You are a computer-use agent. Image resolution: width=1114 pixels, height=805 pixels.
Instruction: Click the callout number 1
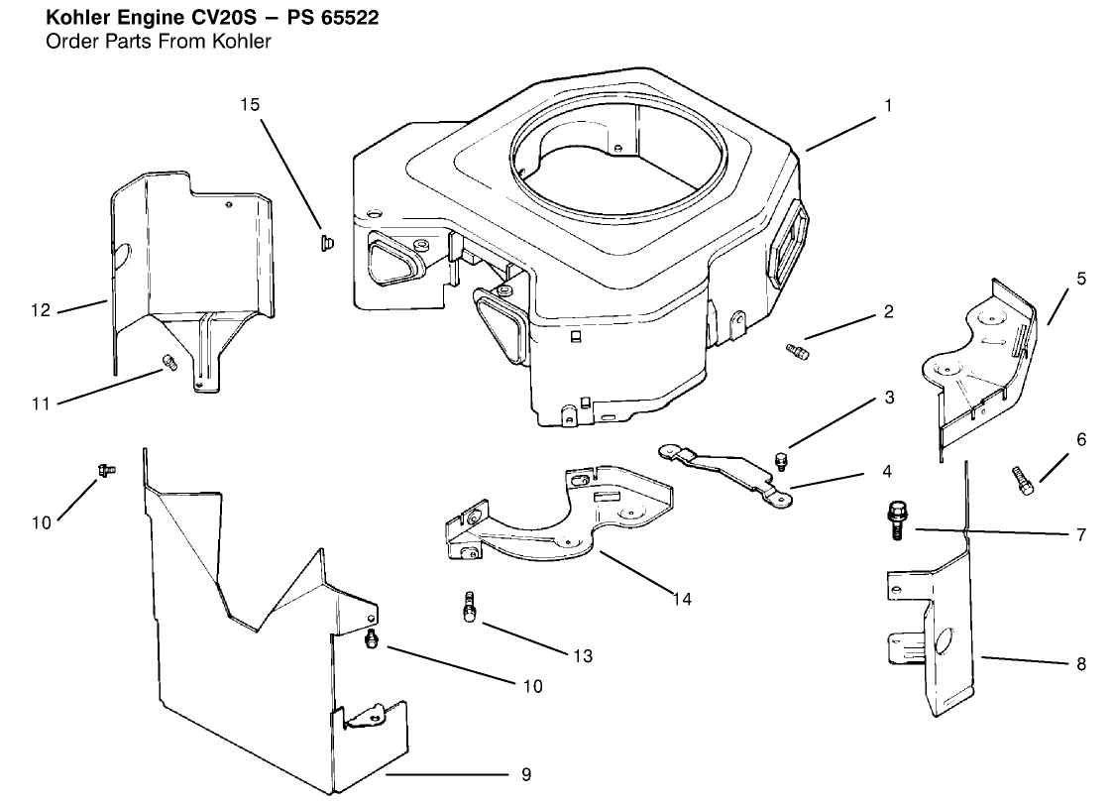(889, 105)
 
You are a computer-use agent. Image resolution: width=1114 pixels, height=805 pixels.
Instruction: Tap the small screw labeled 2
(797, 349)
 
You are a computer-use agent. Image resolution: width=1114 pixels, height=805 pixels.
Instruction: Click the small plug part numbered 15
(326, 242)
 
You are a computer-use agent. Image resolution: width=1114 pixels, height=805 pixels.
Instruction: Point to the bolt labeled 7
(892, 518)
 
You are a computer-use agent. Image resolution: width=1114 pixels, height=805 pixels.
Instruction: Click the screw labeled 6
(1024, 479)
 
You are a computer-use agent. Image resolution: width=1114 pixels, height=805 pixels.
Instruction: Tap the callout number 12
(41, 310)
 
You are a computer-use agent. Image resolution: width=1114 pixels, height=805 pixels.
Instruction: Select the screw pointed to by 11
(168, 361)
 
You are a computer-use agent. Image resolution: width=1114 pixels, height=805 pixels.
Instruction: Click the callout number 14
(681, 599)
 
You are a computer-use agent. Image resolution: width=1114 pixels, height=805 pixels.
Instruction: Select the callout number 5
(1081, 279)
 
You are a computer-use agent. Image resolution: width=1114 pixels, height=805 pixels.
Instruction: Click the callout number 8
(1081, 664)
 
